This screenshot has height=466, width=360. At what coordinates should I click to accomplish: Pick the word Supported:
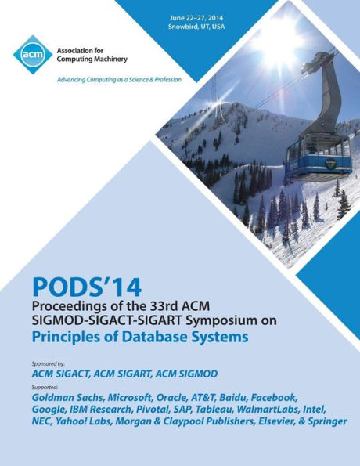54,386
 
